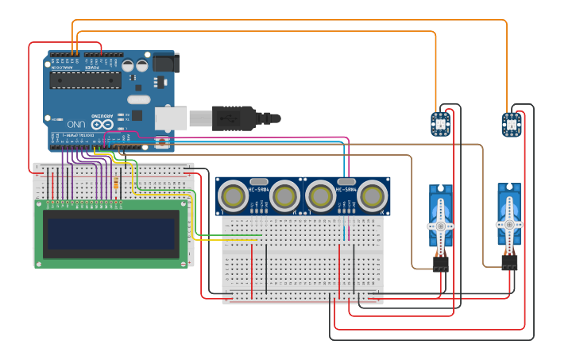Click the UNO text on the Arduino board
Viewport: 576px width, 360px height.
pyautogui.click(x=75, y=125)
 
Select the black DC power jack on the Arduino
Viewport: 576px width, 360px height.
pyautogui.click(x=164, y=63)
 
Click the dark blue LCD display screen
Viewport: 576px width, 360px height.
pyautogui.click(x=110, y=234)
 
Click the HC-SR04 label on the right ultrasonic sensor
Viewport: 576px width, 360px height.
pyautogui.click(x=346, y=189)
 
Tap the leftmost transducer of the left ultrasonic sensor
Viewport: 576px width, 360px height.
pyautogui.click(x=234, y=195)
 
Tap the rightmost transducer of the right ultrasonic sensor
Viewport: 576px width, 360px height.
pyautogui.click(x=372, y=195)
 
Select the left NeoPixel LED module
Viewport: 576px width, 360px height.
pyautogui.click(x=439, y=124)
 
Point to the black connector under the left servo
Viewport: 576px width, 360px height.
pyautogui.click(x=440, y=263)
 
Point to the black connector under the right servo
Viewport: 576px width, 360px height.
pyautogui.click(x=509, y=261)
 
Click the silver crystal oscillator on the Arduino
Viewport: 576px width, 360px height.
pyautogui.click(x=137, y=99)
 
